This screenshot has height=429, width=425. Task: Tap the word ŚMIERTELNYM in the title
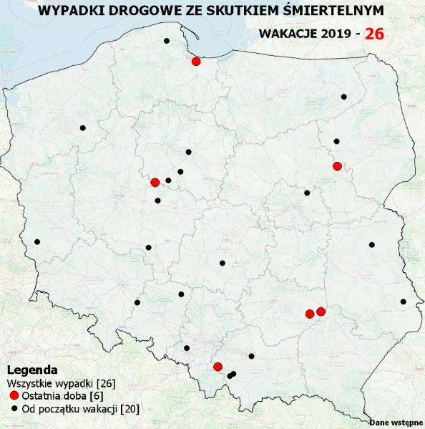pyautogui.click(x=331, y=10)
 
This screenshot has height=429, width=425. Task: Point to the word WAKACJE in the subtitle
pyautogui.click(x=287, y=34)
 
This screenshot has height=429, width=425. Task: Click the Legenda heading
pyautogui.click(x=32, y=370)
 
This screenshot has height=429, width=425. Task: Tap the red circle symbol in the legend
pyautogui.click(x=14, y=395)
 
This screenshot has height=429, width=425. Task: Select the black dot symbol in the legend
pyautogui.click(x=14, y=409)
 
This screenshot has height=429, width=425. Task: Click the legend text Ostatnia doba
pyautogui.click(x=54, y=396)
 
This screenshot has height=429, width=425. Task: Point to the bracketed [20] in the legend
pyautogui.click(x=130, y=409)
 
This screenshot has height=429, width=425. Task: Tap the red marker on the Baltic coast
pyautogui.click(x=196, y=62)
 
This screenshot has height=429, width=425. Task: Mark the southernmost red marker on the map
pyautogui.click(x=218, y=367)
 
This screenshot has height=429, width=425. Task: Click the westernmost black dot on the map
pyautogui.click(x=37, y=241)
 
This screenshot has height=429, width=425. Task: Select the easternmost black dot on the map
pyautogui.click(x=404, y=302)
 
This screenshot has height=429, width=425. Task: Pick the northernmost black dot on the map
pyautogui.click(x=167, y=41)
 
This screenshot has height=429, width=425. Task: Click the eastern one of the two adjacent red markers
pyautogui.click(x=321, y=311)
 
